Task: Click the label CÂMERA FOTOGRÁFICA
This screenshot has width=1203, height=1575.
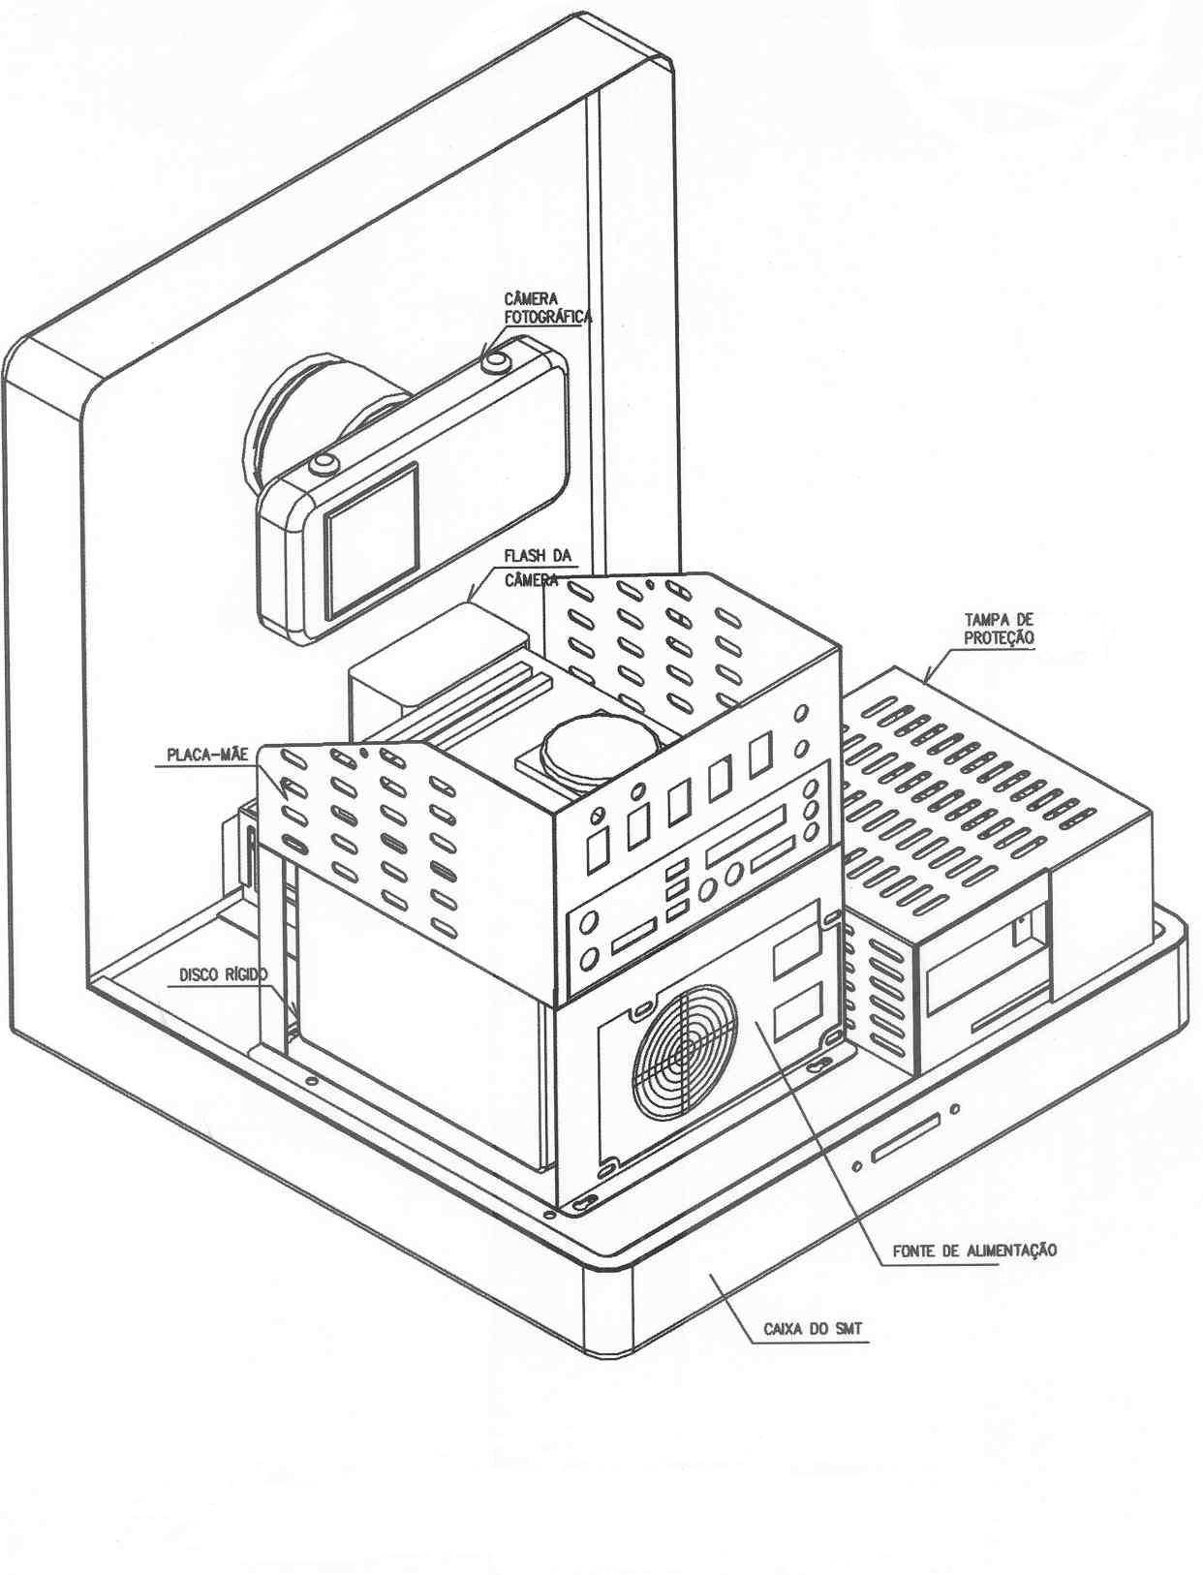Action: coord(548,307)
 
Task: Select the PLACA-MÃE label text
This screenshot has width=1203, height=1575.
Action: coord(207,755)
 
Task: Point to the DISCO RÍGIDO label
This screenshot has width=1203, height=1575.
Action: coord(223,974)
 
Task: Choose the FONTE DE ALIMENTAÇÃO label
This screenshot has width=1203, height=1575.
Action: coord(974,1251)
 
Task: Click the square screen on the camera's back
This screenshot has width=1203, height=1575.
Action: coord(372,540)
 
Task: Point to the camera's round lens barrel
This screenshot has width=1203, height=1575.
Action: coord(323,417)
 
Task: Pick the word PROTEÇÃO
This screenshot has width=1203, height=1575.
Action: coord(999,637)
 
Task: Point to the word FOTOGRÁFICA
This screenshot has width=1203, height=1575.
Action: coord(548,317)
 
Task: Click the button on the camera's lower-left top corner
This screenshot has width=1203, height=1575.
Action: coord(324,463)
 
